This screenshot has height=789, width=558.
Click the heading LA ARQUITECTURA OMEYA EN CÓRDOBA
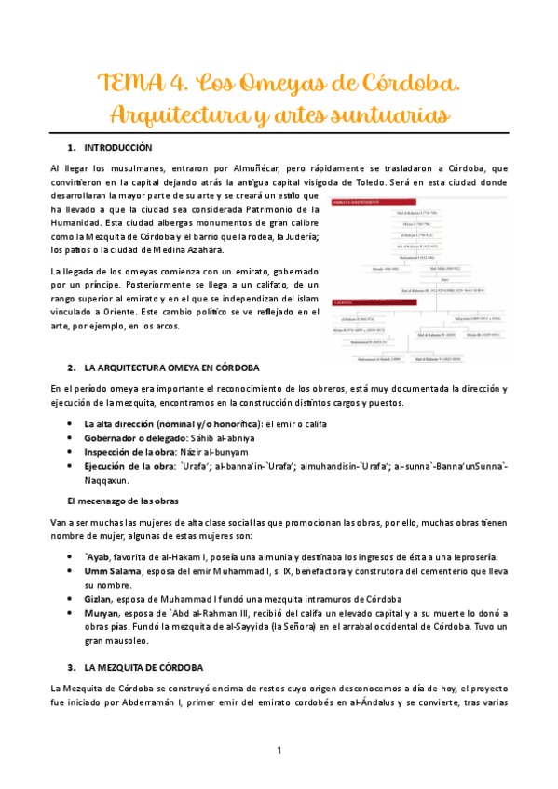(x=171, y=368)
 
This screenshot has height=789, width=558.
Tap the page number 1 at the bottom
(x=279, y=751)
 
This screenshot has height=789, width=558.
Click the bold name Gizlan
(x=99, y=600)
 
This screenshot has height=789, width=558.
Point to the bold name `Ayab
(x=98, y=555)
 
